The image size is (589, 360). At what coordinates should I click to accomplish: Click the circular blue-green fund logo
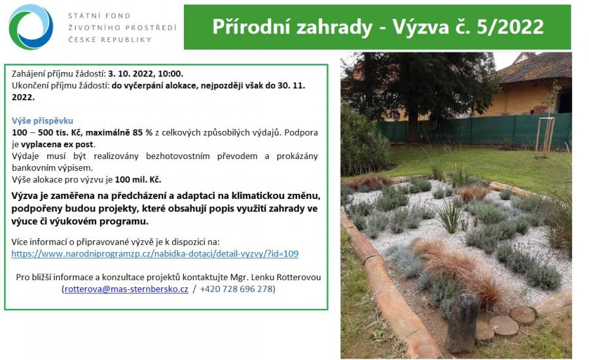[x=31, y=27]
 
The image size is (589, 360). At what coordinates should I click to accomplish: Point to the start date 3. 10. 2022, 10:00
[x=146, y=74]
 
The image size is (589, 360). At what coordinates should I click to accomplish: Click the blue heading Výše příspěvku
[x=43, y=120]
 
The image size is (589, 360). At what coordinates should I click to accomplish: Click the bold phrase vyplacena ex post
[x=57, y=144]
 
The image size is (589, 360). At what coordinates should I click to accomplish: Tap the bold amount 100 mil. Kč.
[x=138, y=179]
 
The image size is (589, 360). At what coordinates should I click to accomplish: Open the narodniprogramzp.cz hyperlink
[x=154, y=254]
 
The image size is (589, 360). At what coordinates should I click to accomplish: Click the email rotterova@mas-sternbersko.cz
[x=126, y=289]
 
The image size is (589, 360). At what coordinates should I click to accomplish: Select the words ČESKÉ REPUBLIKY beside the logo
[x=110, y=39]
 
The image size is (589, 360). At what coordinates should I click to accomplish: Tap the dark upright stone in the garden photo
[x=463, y=323]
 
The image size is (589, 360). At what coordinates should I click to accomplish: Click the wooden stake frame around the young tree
[x=545, y=137]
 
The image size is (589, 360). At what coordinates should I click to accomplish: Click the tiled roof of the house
[x=535, y=68]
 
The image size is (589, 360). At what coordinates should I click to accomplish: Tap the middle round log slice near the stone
[x=504, y=325]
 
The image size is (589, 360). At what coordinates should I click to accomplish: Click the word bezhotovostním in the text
[x=177, y=156]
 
